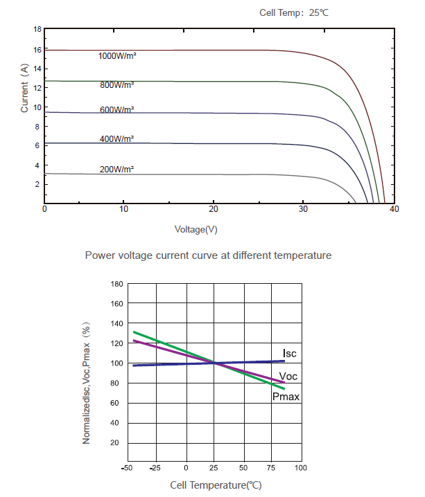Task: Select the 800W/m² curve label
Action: point(116,84)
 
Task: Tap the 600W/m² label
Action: point(116,110)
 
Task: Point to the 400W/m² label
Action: point(116,139)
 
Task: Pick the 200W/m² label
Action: point(116,170)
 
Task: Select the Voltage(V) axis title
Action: point(197,228)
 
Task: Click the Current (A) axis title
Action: point(24,89)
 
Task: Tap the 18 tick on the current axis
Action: point(37,30)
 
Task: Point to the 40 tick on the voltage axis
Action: point(394,209)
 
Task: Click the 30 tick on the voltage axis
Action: point(303,209)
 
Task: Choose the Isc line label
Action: point(289,354)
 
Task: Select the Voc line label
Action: point(289,376)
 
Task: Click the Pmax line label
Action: point(286,397)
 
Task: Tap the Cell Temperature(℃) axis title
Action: point(216,485)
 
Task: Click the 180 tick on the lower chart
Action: point(116,284)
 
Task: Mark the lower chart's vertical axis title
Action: point(87,383)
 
